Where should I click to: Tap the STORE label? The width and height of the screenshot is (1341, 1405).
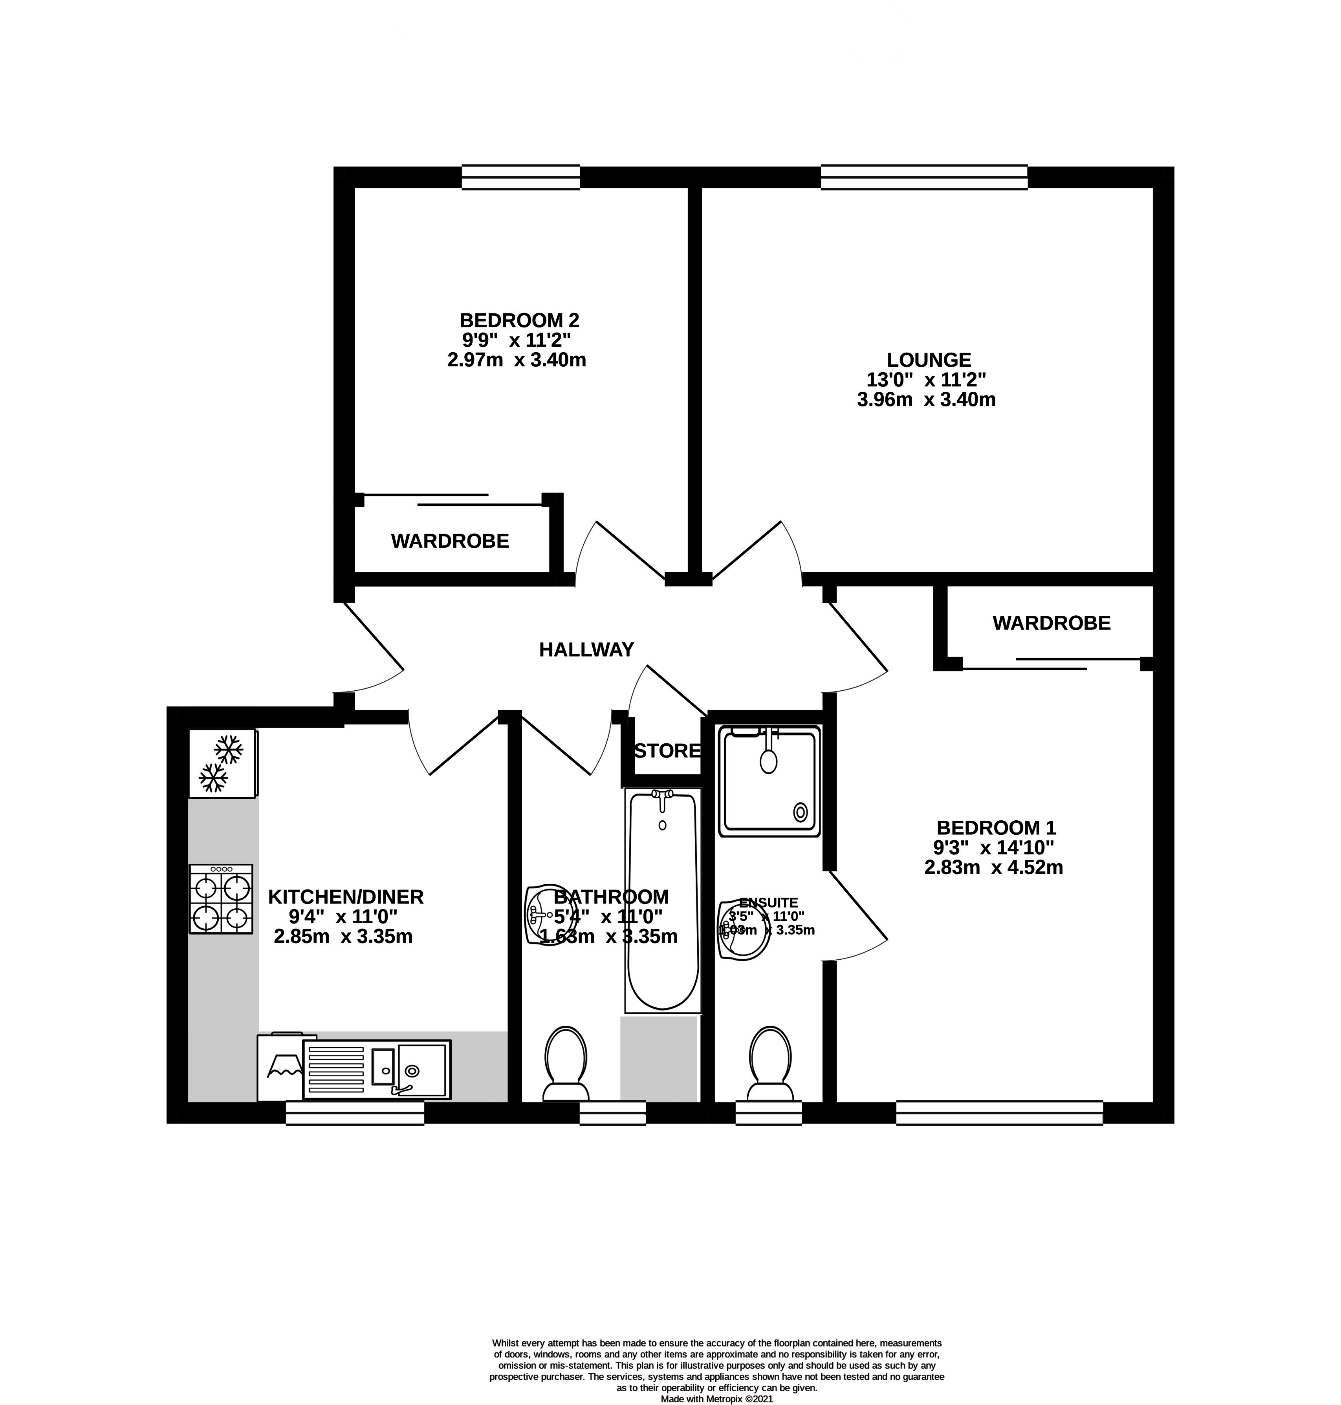(x=667, y=751)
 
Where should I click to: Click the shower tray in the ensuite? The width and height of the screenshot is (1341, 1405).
(x=769, y=781)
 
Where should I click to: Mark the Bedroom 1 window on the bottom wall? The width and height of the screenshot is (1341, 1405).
(x=999, y=1113)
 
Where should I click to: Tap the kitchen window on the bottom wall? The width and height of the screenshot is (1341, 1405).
(x=355, y=1113)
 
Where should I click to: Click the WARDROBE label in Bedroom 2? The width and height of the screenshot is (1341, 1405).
(x=450, y=541)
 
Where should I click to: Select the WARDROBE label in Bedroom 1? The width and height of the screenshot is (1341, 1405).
(x=1052, y=623)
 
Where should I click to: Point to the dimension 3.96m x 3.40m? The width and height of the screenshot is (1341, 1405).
(x=926, y=399)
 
